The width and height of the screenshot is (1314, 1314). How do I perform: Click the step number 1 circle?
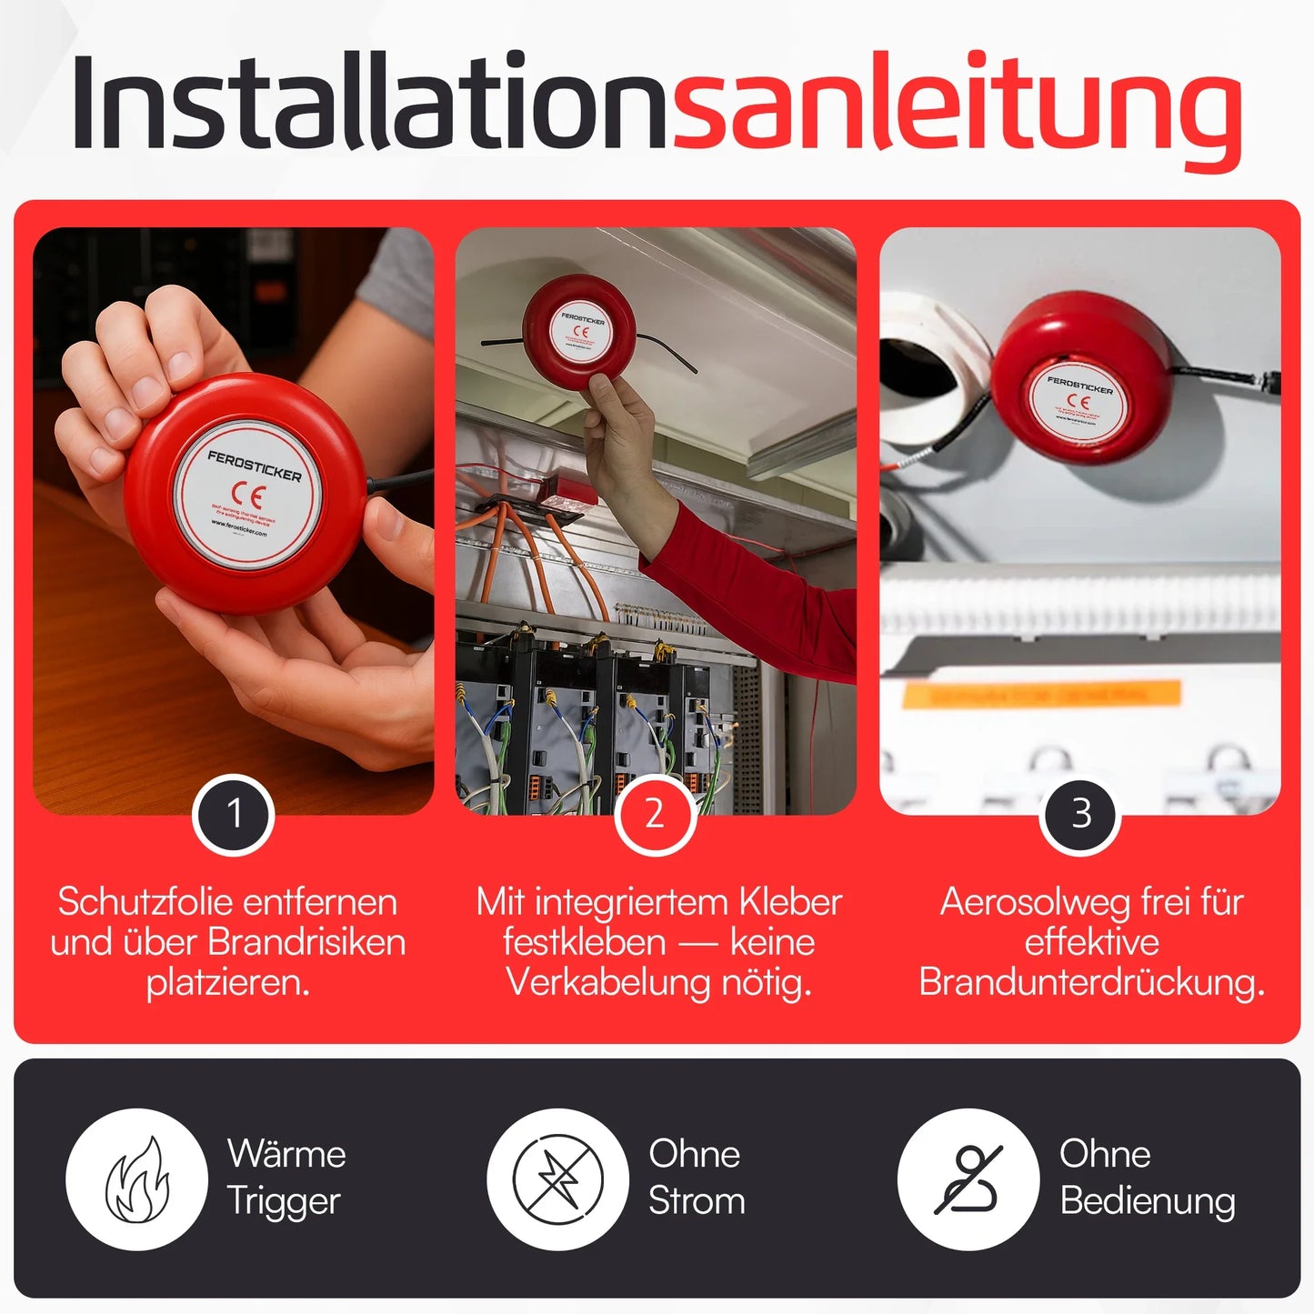click(234, 814)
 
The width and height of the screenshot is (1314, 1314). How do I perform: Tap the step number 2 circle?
click(655, 814)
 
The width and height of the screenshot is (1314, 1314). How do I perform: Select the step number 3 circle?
click(1080, 814)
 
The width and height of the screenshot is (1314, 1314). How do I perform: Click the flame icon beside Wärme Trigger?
click(136, 1179)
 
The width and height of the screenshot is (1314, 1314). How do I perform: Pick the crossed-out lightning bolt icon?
click(557, 1179)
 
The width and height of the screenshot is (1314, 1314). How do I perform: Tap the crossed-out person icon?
click(968, 1179)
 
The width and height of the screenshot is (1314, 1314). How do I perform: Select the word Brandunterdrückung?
click(1091, 982)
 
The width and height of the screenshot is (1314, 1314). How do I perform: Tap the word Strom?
click(697, 1201)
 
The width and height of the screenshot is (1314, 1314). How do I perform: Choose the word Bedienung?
click(1147, 1201)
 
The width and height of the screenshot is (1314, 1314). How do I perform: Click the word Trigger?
click(283, 1201)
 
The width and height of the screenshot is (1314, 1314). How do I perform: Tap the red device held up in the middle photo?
click(579, 331)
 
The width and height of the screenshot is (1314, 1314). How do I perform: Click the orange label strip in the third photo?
click(1041, 695)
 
